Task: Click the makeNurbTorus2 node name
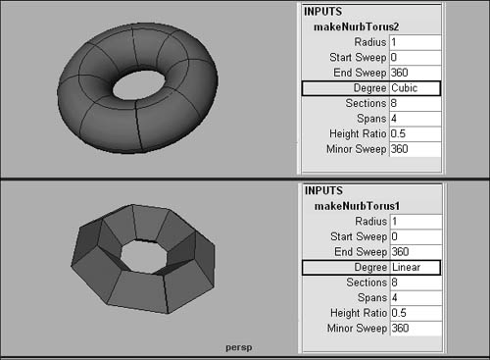[x=357, y=26]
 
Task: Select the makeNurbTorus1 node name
[x=357, y=206]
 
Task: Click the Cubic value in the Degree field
[x=405, y=88]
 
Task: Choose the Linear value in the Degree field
[x=406, y=267]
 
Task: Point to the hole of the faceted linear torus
[x=144, y=257]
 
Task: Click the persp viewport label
[x=239, y=347]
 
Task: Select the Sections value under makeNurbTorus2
[x=394, y=103]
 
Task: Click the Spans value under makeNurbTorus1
[x=395, y=297]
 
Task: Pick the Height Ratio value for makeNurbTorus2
[x=398, y=133]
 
